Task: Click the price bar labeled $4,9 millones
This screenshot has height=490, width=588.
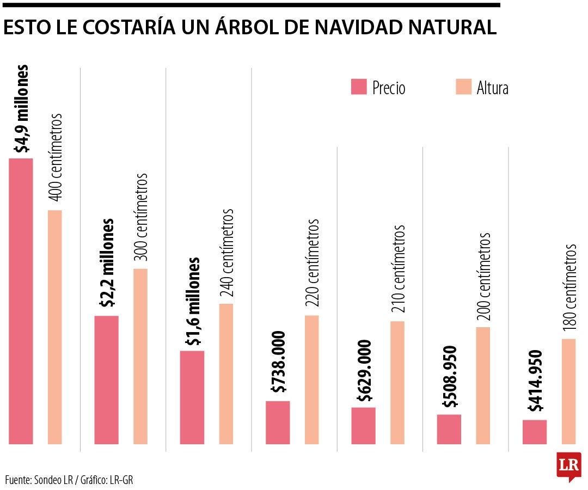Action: (21, 301)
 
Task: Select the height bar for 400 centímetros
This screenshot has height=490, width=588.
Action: (55, 327)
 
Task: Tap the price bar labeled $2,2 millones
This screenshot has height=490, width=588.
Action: (106, 379)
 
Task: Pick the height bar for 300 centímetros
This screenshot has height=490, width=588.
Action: (140, 356)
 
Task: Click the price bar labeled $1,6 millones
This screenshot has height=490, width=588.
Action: (192, 397)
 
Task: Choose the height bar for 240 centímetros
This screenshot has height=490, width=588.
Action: (226, 373)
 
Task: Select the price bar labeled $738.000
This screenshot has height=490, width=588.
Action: (278, 422)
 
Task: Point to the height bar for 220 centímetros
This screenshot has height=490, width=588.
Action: (312, 379)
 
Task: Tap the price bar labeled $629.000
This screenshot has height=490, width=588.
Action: (363, 425)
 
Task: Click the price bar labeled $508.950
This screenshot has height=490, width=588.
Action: (449, 429)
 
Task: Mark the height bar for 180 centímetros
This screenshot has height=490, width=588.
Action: (568, 391)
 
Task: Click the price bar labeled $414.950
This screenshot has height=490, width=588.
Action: (535, 432)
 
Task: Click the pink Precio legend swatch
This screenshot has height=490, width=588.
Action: (359, 87)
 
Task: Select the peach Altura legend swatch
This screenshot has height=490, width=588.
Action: (463, 87)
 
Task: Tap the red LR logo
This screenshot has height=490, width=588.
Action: (568, 466)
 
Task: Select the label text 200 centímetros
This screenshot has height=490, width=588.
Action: (483, 276)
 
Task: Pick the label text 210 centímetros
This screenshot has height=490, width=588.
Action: (398, 269)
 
